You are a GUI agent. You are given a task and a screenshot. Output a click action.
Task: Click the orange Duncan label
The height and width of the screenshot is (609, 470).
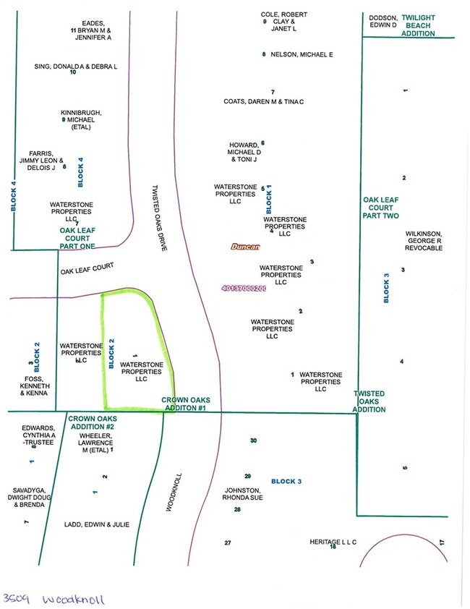point(245,247)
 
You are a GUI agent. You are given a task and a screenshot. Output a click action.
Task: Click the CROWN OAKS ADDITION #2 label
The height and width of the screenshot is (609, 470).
point(92,422)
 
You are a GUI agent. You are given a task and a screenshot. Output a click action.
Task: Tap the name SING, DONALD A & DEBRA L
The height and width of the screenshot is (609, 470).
point(75,67)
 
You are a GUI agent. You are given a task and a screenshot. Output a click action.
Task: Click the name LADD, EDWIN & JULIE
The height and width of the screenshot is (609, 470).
point(97,524)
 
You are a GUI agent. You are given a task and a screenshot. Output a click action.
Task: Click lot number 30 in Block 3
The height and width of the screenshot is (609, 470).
point(253,440)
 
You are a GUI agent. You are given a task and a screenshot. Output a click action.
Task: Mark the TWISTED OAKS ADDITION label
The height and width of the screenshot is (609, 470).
point(369,401)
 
